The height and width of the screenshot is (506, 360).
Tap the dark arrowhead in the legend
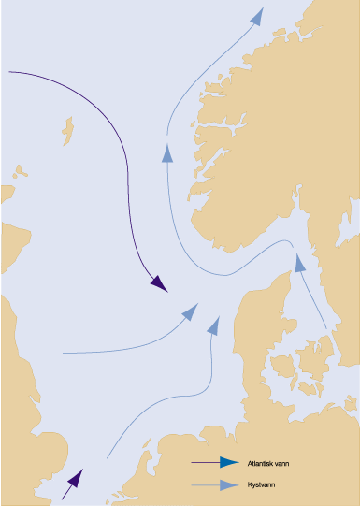(228, 462)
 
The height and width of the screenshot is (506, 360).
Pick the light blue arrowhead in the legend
(228, 484)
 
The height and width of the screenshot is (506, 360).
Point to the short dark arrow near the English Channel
(71, 483)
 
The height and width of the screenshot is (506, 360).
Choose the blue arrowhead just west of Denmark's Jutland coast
(213, 325)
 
